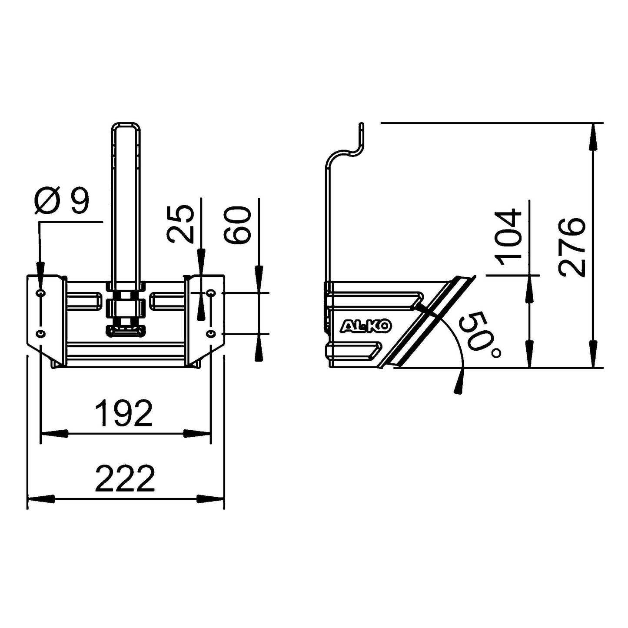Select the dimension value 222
[x=125, y=478]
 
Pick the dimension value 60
[x=237, y=225]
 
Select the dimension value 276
[x=572, y=247]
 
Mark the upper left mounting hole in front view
[x=40, y=293]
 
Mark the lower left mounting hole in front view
[x=40, y=333]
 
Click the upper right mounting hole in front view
[x=211, y=293]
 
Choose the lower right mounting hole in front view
[x=211, y=333]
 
